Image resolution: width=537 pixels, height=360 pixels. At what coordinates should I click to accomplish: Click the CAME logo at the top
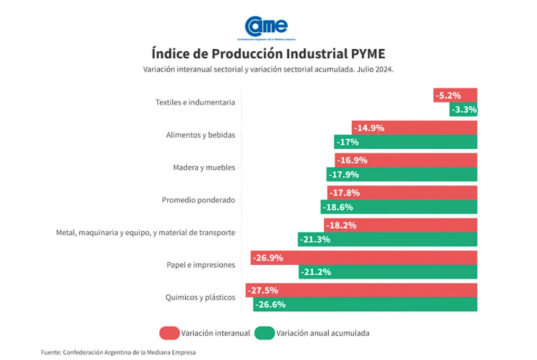[266, 26]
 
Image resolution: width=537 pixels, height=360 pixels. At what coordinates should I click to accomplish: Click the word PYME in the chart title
[368, 54]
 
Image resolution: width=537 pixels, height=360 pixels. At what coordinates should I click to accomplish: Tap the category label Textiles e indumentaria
[195, 103]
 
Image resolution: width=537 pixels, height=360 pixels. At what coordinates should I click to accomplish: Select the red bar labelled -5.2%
[455, 95]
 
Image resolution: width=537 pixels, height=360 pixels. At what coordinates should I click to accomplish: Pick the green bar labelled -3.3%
[463, 110]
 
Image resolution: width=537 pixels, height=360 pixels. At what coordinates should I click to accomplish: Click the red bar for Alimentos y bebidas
[414, 128]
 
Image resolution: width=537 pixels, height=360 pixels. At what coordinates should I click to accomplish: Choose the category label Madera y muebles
[204, 168]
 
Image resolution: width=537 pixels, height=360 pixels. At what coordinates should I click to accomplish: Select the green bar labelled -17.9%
[402, 175]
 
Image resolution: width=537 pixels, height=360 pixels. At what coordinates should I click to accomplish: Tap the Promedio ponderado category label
[198, 200]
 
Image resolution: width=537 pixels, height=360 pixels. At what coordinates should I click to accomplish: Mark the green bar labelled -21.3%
[387, 239]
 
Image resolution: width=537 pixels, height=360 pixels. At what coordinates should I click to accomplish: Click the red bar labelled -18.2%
[401, 225]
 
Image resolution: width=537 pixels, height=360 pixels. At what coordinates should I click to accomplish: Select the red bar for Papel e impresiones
[364, 258]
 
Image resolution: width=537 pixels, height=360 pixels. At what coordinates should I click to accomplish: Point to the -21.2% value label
[315, 272]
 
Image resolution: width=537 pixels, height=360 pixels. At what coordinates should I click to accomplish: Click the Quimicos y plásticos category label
[200, 298]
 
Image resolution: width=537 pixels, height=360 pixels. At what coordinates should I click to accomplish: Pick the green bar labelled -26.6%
[365, 304]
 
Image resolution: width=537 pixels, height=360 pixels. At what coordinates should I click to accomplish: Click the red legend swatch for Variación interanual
[169, 333]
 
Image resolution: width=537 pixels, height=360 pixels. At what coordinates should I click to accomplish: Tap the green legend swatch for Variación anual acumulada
[265, 333]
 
